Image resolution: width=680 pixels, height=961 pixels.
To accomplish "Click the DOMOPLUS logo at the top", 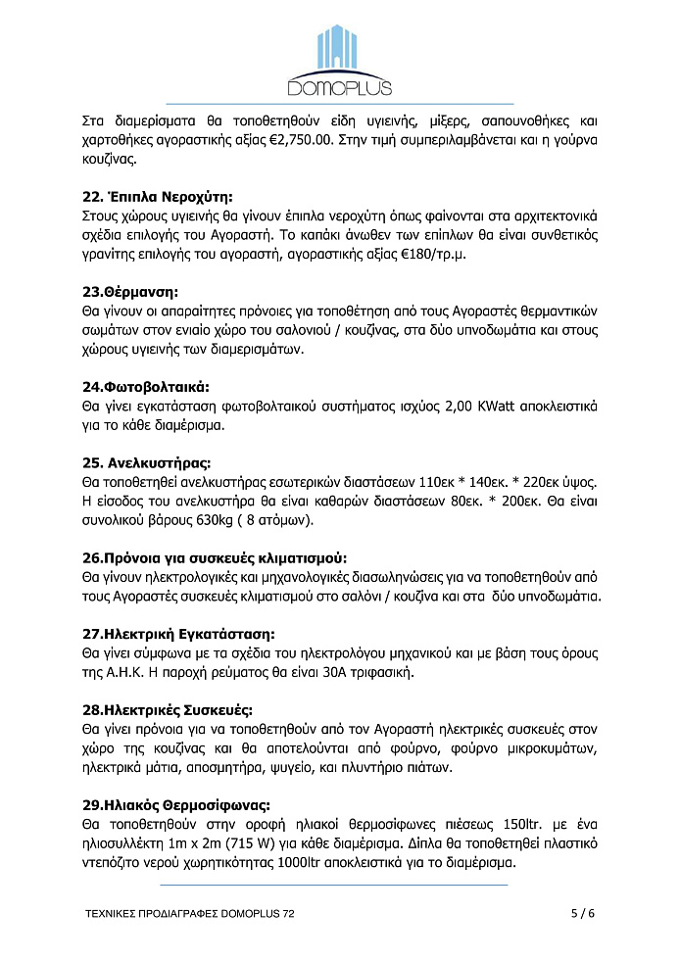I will click(x=340, y=61).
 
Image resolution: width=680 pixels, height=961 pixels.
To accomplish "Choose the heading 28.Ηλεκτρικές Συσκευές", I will click(x=167, y=710).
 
